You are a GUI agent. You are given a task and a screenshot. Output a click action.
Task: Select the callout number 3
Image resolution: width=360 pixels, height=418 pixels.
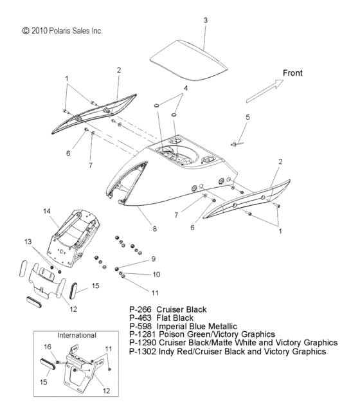coord(205,21)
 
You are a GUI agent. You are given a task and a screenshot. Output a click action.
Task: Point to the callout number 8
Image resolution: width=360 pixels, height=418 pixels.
coord(154,228)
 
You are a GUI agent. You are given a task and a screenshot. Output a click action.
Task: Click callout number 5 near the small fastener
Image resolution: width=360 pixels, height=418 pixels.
coord(248,117)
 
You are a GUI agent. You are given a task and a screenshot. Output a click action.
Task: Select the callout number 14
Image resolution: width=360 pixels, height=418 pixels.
coord(46,211)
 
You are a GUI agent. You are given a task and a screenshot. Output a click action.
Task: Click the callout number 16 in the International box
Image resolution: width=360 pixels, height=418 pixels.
coord(47,347)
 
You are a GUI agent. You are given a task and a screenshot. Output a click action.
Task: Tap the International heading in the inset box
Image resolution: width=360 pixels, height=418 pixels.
coord(76,335)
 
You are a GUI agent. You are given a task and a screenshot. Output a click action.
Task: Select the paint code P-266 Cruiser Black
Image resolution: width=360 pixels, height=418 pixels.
coord(168,309)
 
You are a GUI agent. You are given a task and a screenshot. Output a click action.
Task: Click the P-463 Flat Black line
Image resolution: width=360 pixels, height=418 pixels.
coord(161,318)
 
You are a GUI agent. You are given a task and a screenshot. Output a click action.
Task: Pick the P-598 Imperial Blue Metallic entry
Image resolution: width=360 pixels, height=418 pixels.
coord(183,326)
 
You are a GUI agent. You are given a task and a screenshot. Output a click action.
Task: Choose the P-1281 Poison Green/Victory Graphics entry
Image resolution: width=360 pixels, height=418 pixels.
coord(202,334)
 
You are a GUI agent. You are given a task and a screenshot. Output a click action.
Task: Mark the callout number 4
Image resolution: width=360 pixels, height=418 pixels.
coord(185,87)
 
